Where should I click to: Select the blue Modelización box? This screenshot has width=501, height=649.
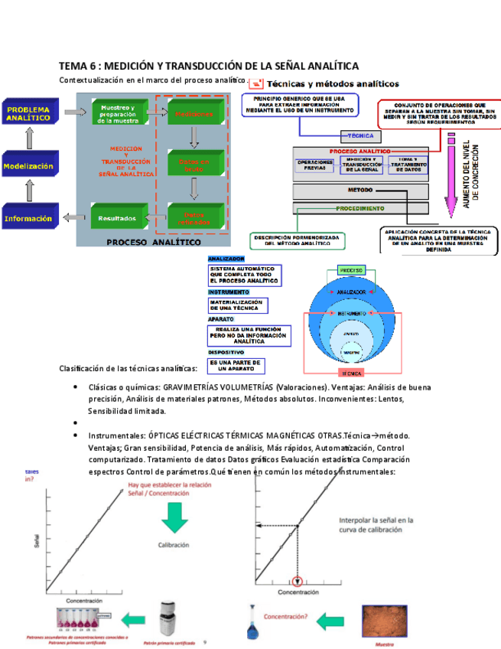coord(29,165)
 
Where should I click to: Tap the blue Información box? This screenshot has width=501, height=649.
coord(29,218)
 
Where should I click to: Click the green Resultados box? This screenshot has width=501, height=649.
coord(117,218)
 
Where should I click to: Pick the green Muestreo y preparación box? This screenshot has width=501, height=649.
coord(119,114)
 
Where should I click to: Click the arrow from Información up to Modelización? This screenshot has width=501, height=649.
coord(30,191)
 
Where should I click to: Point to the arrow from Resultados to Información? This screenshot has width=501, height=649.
coord(73,218)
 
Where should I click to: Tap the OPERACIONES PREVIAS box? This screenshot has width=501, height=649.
coord(316,165)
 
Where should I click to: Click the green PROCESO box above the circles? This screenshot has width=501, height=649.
coord(351,271)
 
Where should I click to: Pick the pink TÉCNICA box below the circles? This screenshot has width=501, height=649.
coord(351,374)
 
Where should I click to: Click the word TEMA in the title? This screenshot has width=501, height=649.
coord(74,67)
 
